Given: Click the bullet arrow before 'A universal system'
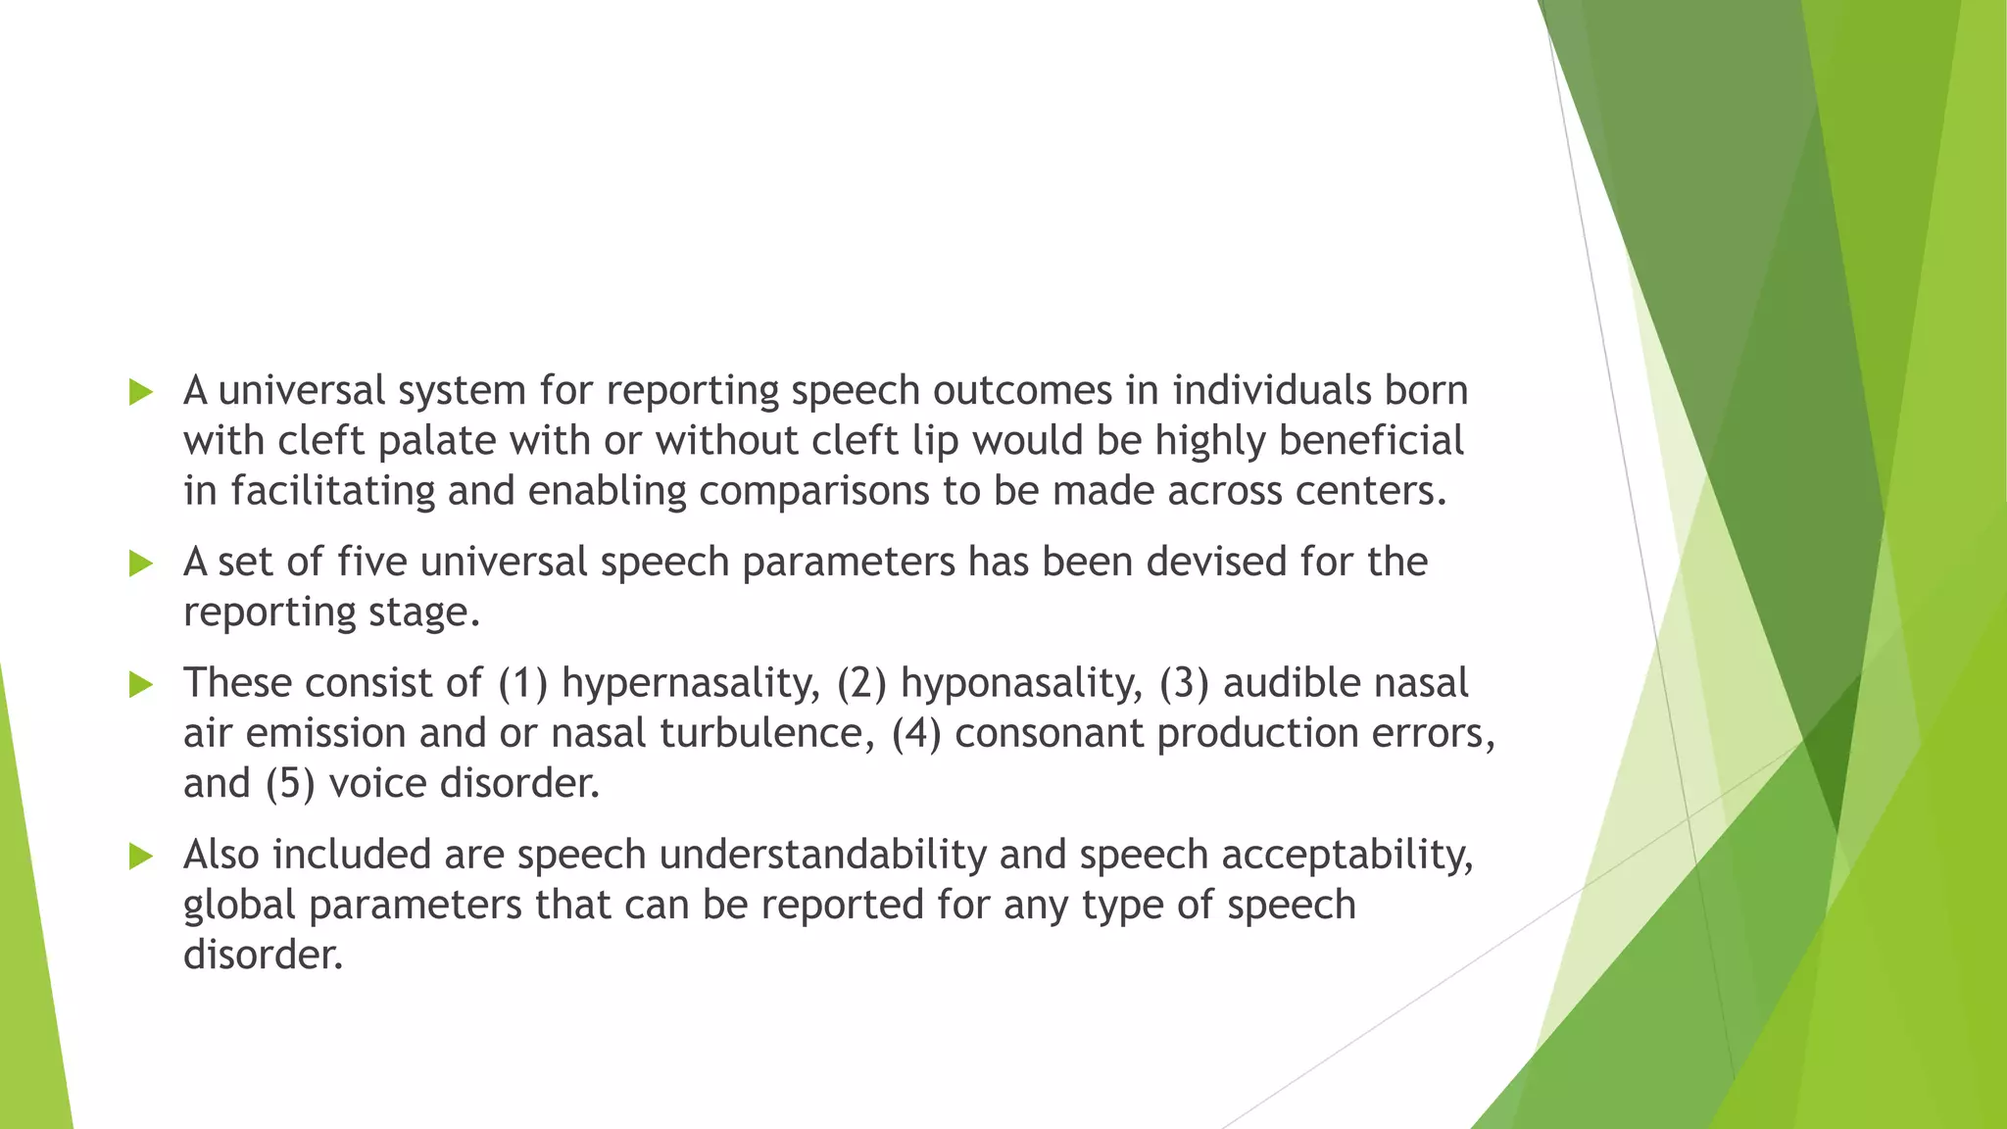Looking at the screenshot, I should (x=141, y=393).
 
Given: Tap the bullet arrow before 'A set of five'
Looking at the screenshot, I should (x=141, y=564).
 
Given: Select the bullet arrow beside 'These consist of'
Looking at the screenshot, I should (x=141, y=685).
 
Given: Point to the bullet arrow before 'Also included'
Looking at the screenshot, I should (x=141, y=857).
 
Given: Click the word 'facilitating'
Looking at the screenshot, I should (x=332, y=491).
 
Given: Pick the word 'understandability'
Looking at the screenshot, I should (x=822, y=856).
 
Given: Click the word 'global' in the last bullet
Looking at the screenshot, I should (x=239, y=906).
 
